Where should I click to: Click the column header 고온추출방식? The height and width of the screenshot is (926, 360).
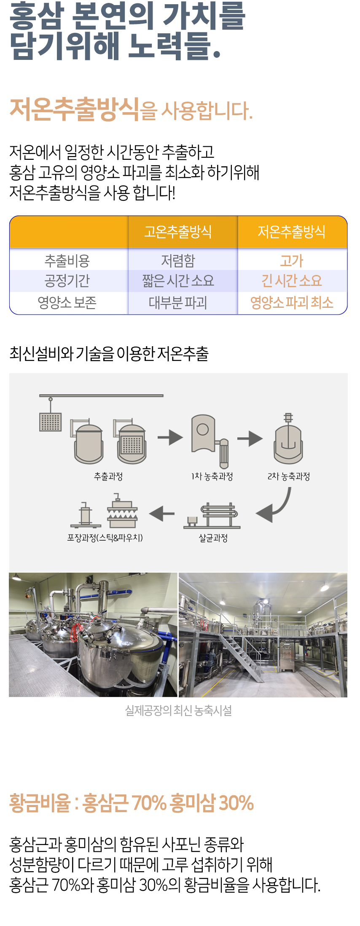[x=178, y=231]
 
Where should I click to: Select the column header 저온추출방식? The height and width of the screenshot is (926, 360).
[x=291, y=231]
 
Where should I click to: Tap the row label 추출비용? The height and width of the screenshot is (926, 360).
[x=67, y=261]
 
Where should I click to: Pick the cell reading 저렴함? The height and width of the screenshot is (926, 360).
[x=178, y=261]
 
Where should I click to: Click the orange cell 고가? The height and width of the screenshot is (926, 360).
[x=291, y=261]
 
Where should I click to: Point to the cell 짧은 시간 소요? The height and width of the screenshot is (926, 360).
[x=178, y=281]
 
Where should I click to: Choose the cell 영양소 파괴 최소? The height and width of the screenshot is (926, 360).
[x=291, y=302]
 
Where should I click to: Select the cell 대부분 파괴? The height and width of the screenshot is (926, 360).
[x=178, y=302]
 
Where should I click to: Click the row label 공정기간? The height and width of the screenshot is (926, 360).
[x=67, y=281]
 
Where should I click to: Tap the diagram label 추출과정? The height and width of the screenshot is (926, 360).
[x=108, y=476]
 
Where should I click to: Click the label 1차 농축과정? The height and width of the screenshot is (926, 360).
[x=212, y=476]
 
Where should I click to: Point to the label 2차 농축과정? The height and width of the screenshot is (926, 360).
[x=289, y=476]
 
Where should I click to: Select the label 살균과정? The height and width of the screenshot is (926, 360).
[x=213, y=538]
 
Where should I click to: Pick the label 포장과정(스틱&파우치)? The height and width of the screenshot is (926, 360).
[x=105, y=538]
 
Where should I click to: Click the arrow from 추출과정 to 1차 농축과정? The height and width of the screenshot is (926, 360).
[x=170, y=437]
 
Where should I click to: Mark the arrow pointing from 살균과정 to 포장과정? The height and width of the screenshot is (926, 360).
[x=162, y=514]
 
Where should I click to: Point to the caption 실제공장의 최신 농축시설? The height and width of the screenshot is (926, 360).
[x=178, y=711]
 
